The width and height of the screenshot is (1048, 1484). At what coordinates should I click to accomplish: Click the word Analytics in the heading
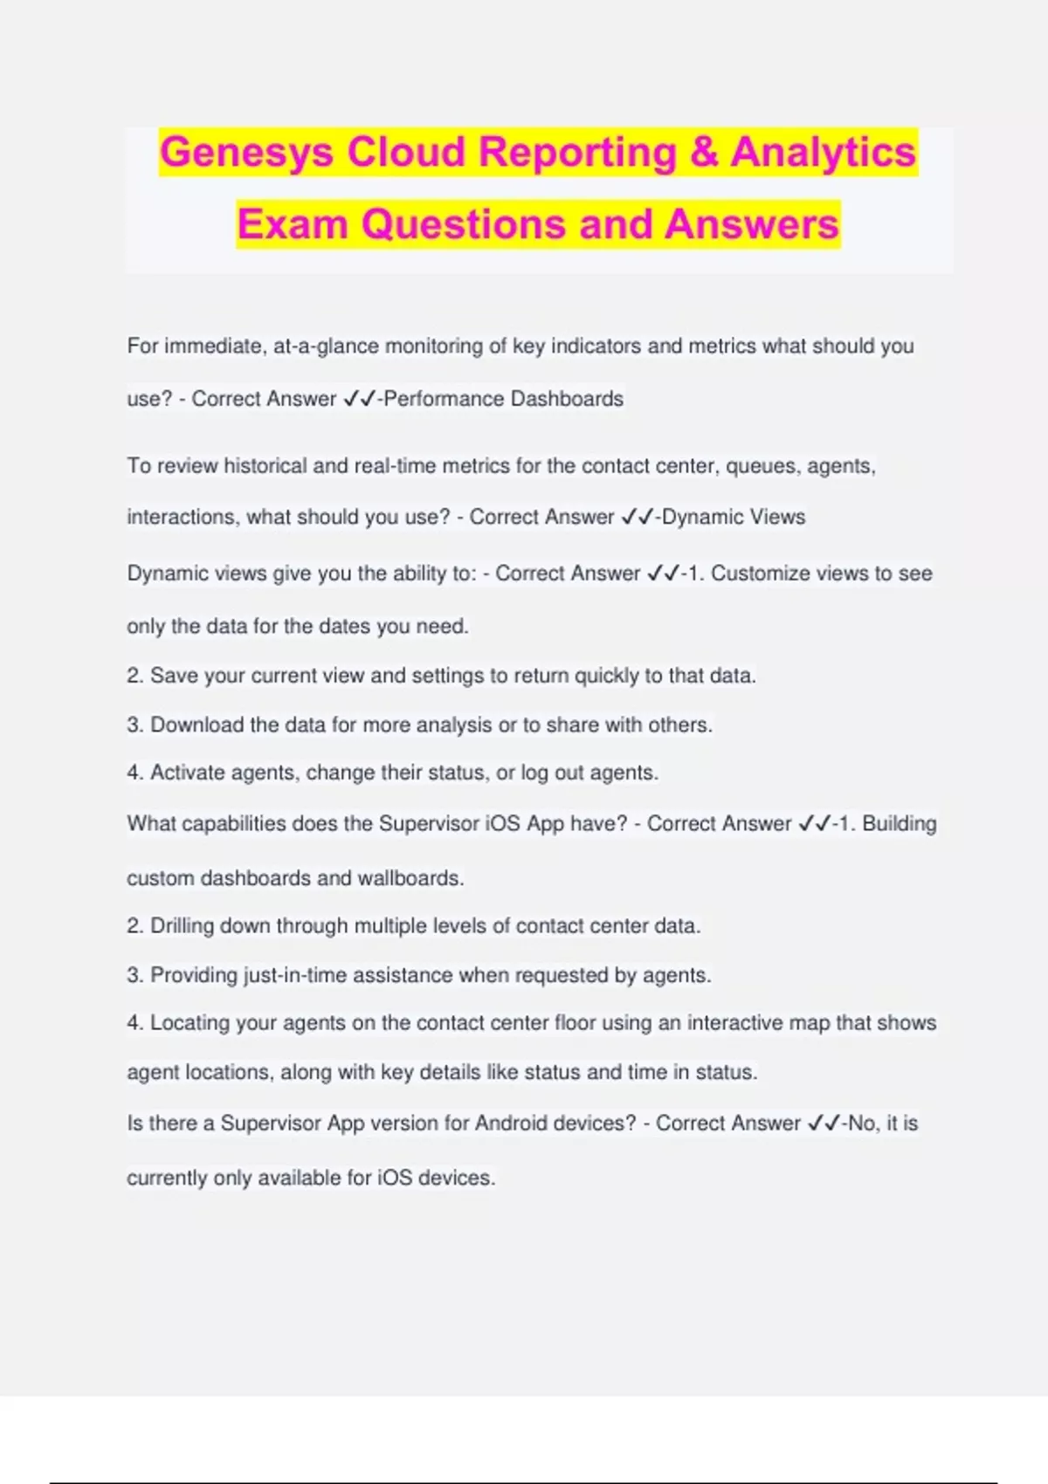823,153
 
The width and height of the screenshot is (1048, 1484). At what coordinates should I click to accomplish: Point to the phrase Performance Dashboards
504,399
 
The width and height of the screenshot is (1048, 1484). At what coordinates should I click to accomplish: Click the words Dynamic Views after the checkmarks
734,517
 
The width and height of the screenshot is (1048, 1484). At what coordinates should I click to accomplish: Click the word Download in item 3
196,725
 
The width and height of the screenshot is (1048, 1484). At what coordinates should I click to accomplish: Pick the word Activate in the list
187,773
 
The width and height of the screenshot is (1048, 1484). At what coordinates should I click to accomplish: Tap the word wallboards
410,878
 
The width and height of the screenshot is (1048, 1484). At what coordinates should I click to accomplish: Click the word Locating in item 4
187,1023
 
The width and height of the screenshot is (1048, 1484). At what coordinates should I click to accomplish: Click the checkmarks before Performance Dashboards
359,399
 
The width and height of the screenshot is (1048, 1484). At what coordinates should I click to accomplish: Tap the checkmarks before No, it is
824,1123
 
